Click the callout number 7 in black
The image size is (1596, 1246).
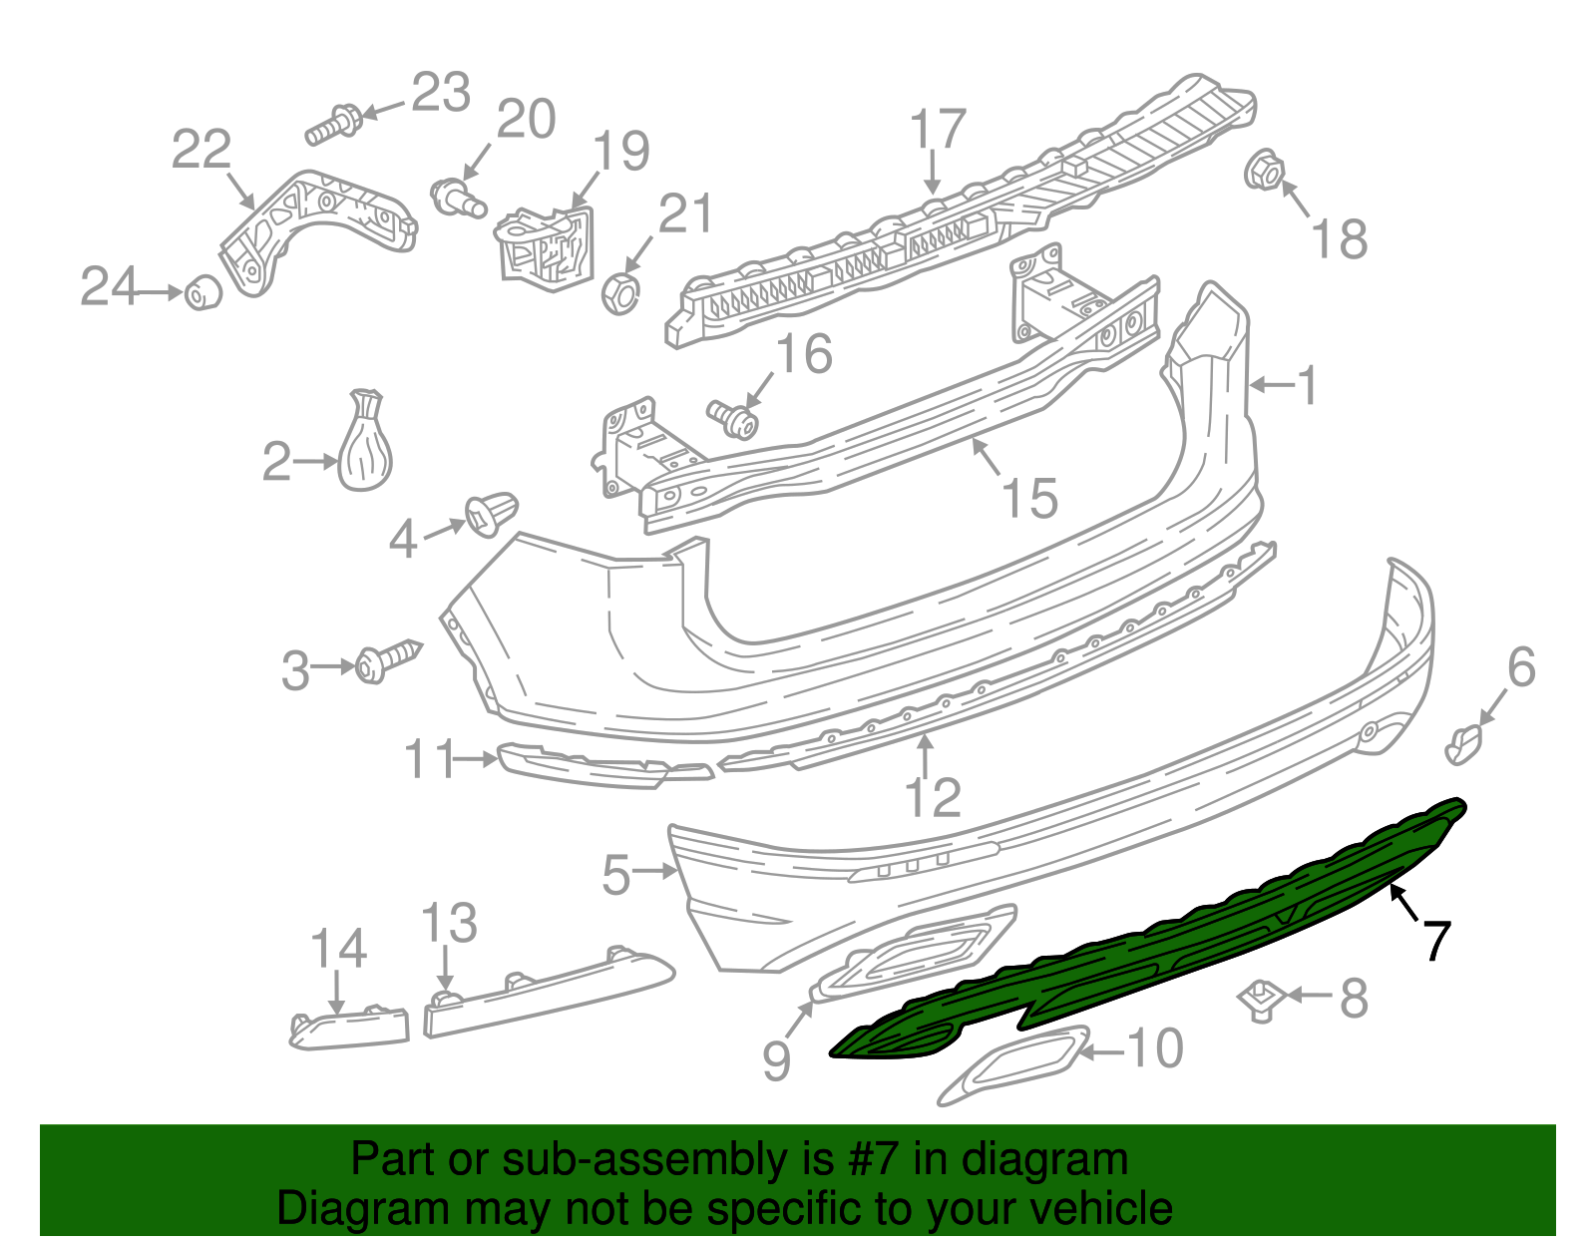[1435, 940]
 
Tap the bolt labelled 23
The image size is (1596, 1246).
[333, 124]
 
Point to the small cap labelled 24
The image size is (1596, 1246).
[203, 292]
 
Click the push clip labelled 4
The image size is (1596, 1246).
[492, 514]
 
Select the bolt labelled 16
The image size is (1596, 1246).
[733, 419]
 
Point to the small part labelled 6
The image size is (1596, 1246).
[1463, 744]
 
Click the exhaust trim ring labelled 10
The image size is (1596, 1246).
[1011, 1062]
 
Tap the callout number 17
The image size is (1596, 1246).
[939, 131]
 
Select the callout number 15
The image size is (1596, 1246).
[1029, 498]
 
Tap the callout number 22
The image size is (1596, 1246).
[201, 150]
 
